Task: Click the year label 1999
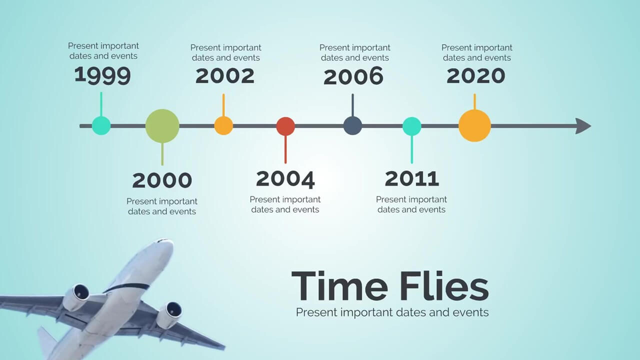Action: (x=102, y=75)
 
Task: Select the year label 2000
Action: (x=162, y=180)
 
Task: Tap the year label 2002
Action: (x=225, y=75)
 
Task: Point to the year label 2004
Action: (x=285, y=179)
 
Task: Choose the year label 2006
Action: (x=353, y=76)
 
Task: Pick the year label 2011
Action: (x=411, y=179)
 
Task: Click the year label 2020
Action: (x=475, y=75)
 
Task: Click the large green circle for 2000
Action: (x=162, y=125)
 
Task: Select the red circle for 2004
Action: (x=285, y=126)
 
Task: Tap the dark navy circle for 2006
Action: (x=352, y=125)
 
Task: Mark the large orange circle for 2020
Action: (x=474, y=125)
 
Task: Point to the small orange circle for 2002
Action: (x=223, y=125)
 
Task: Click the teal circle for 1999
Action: (x=101, y=125)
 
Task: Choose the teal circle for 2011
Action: (x=411, y=126)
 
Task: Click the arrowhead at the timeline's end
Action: (x=583, y=126)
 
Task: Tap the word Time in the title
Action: (x=339, y=285)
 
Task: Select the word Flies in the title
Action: (x=444, y=285)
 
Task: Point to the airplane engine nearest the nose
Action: (x=76, y=296)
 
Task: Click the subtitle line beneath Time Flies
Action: (x=392, y=312)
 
